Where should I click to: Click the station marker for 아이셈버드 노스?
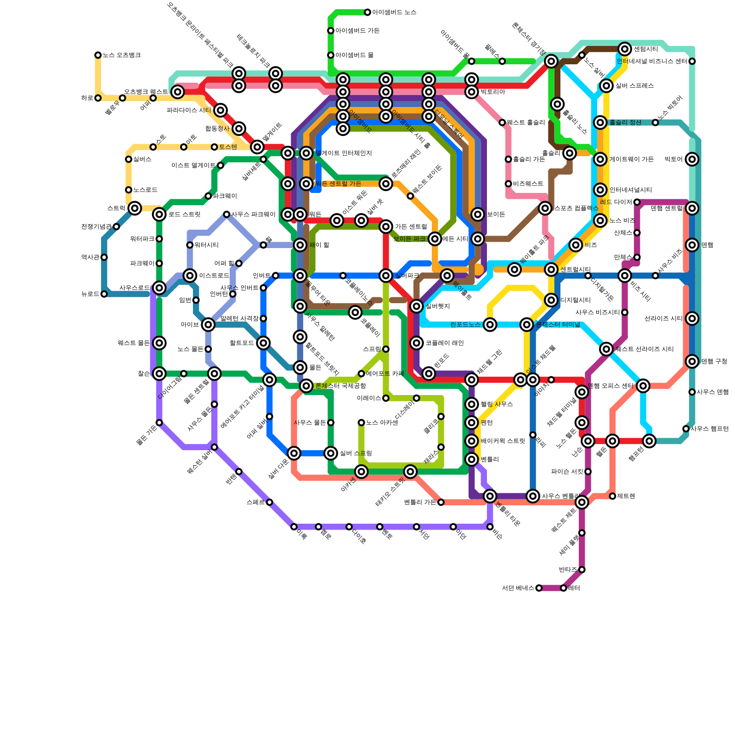[x=367, y=12]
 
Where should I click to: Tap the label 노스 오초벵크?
[x=121, y=55]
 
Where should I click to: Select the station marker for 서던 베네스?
[x=539, y=588]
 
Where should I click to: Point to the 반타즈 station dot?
[x=582, y=570]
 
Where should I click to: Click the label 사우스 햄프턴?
[x=709, y=429]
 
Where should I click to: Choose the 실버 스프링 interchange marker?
[x=331, y=453]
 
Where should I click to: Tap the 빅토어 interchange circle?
[x=692, y=159]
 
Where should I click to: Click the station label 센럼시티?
[x=646, y=49]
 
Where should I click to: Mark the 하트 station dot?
[x=98, y=98]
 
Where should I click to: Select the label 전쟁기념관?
[x=96, y=226]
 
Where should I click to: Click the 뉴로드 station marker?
[x=104, y=294]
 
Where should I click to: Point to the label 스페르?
[x=255, y=502]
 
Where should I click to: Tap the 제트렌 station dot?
[x=612, y=496]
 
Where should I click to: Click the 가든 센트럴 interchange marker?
[x=386, y=226]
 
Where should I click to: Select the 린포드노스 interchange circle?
[x=490, y=325]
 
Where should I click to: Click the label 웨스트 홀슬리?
[x=526, y=123]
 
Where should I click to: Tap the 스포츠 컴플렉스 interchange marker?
[x=545, y=208]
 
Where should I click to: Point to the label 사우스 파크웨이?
[x=253, y=215]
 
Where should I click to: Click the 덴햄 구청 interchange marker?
[x=692, y=362]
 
